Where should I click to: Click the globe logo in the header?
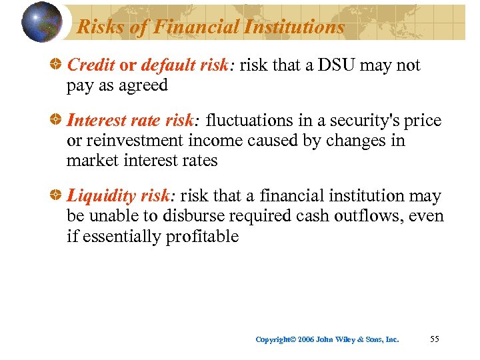[41, 21]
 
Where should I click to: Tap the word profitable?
[200, 237]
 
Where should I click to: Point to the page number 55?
[435, 339]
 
